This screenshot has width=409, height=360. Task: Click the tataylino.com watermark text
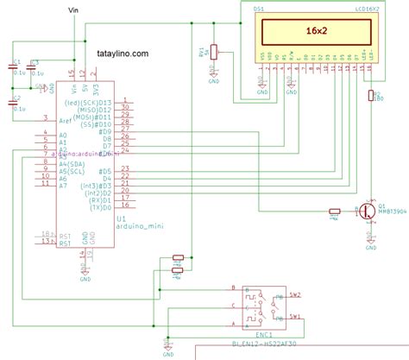click(x=117, y=53)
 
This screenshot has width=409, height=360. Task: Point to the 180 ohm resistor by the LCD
click(x=371, y=98)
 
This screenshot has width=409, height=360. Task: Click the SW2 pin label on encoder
click(x=294, y=294)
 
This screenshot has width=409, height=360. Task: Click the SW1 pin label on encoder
click(x=294, y=316)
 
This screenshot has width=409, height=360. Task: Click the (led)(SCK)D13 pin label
click(x=90, y=103)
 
